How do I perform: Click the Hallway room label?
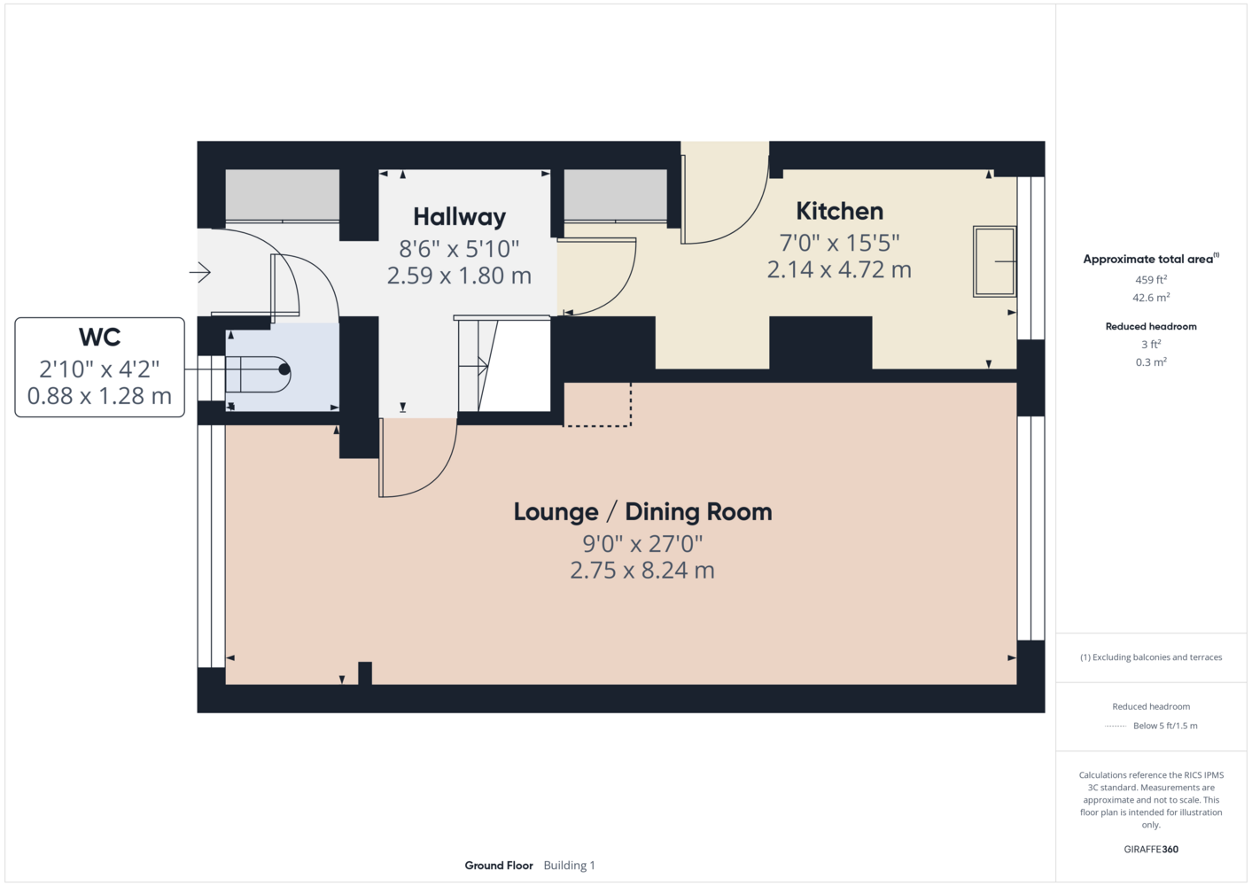[460, 217]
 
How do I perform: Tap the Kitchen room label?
[839, 211]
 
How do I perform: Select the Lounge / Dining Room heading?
[642, 512]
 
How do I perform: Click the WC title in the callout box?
[99, 337]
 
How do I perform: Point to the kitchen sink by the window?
[994, 261]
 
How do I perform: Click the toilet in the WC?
[258, 374]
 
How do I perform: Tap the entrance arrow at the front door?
[199, 272]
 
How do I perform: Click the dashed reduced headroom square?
[597, 405]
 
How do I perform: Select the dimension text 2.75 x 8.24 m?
[642, 571]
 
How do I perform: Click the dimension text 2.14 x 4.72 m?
[839, 270]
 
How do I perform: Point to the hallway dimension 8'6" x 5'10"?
[459, 249]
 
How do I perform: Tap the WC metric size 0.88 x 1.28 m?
[99, 396]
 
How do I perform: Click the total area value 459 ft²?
[1151, 279]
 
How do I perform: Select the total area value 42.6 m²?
[1151, 298]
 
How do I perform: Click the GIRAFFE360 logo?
[1151, 849]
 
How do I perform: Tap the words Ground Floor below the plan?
[499, 866]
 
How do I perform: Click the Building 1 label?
[569, 866]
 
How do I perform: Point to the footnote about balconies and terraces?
[1151, 657]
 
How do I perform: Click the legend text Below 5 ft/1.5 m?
[1165, 726]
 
